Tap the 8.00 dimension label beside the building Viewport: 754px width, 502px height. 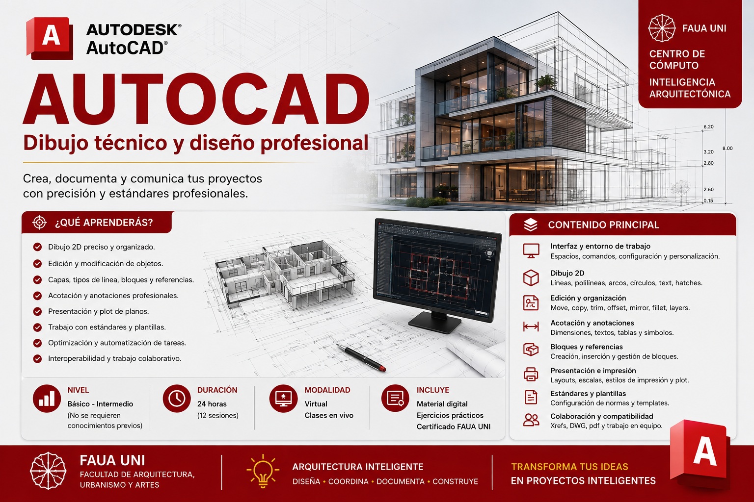[727, 148]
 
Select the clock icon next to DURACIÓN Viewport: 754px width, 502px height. [177, 399]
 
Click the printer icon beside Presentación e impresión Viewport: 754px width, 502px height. [531, 374]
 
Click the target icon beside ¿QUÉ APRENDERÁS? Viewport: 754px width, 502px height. [39, 222]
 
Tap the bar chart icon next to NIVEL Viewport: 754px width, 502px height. [47, 399]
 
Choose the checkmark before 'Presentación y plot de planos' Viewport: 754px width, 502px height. [37, 311]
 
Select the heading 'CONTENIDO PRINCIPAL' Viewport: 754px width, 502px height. [603, 225]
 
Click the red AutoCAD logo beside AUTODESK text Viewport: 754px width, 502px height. [50, 38]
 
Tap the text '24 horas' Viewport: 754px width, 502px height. [212, 404]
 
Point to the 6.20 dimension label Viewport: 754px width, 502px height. [708, 127]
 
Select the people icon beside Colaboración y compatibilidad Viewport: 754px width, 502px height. [531, 420]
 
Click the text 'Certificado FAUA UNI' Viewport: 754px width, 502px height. [454, 427]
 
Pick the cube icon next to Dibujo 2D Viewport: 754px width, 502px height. [531, 278]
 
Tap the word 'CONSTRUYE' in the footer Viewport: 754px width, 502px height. [455, 481]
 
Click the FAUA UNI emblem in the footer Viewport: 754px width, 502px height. [48, 471]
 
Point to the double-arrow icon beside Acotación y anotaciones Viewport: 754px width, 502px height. [531, 326]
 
